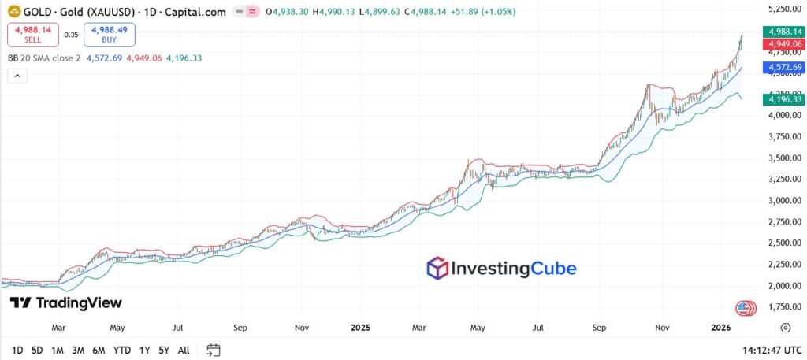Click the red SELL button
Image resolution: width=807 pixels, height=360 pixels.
tap(32, 35)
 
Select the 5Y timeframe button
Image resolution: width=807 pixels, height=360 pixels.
tap(163, 350)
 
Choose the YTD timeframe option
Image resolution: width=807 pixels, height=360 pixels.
tap(121, 350)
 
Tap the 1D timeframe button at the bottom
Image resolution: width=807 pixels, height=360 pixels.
tap(17, 350)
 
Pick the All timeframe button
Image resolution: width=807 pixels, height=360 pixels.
tap(184, 350)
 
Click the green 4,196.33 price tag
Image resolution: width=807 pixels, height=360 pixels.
tap(783, 99)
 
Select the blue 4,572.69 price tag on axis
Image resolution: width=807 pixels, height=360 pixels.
tap(783, 69)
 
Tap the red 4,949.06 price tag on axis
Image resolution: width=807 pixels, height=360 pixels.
tap(783, 44)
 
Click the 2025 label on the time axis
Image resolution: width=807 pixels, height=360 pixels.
tap(360, 327)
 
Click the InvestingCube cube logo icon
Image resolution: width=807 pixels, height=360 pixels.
tap(437, 269)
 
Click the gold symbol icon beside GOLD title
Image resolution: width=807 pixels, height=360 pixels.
tap(13, 13)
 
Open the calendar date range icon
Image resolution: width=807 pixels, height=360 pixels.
tap(213, 350)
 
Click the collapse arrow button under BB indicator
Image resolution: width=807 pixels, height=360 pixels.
tap(17, 76)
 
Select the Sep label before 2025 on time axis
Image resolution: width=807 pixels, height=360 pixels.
tap(241, 327)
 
